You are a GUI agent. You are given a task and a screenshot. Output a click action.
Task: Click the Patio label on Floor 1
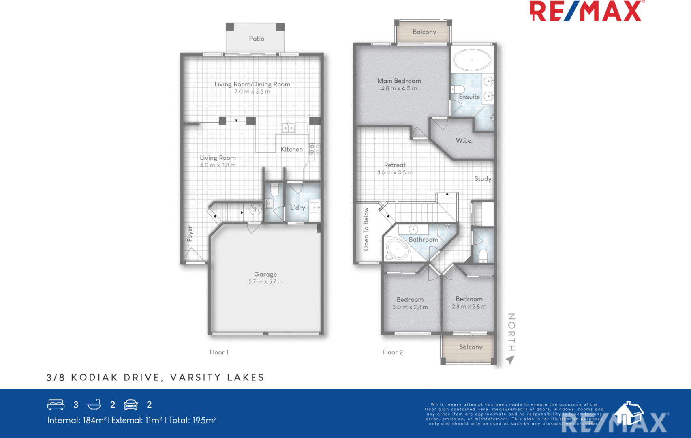pos(257,39)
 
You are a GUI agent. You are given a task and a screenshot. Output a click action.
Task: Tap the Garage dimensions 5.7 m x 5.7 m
pos(265,282)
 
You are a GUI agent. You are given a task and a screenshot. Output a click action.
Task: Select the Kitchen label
pos(291,149)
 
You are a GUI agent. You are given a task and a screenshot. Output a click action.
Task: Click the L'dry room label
pos(297,208)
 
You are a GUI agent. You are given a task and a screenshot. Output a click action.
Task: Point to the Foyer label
pos(190,234)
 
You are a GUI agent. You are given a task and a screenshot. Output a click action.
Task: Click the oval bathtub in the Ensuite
pos(472,60)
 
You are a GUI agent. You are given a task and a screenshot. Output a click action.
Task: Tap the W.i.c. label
pos(464,141)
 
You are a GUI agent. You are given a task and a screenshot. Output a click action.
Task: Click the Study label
pos(483,179)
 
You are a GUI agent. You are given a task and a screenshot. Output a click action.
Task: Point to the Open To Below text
pos(366,229)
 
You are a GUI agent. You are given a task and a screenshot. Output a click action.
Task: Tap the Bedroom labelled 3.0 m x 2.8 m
pos(410,303)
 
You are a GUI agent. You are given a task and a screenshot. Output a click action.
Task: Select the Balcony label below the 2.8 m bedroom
pos(471,347)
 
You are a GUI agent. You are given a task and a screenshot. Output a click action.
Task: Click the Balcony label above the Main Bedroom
pos(424,32)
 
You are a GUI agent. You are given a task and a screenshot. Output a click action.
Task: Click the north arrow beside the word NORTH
pos(510,360)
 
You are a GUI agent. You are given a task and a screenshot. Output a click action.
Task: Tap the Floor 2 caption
pos(393,352)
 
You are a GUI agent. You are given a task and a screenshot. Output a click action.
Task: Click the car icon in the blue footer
pos(131,405)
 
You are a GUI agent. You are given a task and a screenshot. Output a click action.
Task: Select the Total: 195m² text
pos(193,421)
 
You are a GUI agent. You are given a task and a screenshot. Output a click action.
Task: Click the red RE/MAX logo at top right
pos(586,11)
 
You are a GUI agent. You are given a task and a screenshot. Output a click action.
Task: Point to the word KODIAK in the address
pos(94,378)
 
